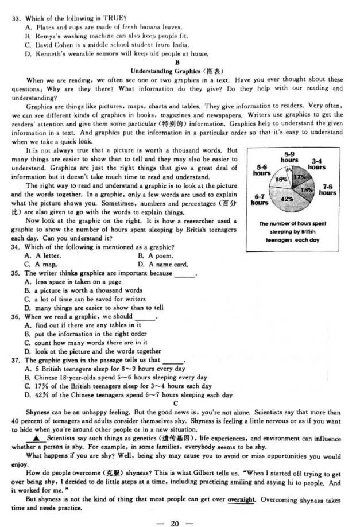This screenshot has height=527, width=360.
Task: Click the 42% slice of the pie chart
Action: pyautogui.click(x=287, y=199)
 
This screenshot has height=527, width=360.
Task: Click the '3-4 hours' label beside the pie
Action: pyautogui.click(x=316, y=164)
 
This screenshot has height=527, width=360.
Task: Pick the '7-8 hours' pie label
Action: pyautogui.click(x=328, y=190)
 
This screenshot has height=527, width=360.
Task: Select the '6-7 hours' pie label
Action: pyautogui.click(x=260, y=199)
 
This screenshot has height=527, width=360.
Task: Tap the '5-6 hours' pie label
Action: pyautogui.click(x=261, y=170)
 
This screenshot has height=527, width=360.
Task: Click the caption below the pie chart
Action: pyautogui.click(x=292, y=232)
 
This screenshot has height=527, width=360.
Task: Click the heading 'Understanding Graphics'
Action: pyautogui.click(x=177, y=71)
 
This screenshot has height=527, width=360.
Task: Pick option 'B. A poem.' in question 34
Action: pyautogui.click(x=155, y=255)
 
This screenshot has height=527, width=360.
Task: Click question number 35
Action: pyautogui.click(x=16, y=273)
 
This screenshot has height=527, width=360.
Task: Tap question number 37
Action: pyautogui.click(x=16, y=360)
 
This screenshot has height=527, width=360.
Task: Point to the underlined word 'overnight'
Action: pyautogui.click(x=241, y=499)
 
